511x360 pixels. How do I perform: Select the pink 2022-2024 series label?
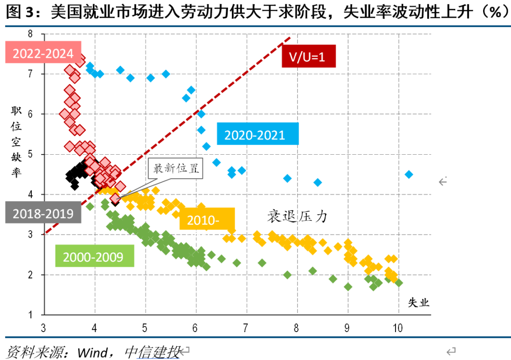[x=43, y=53]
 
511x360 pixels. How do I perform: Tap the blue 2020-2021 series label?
[x=258, y=134]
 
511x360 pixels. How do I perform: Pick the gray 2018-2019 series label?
[x=43, y=213]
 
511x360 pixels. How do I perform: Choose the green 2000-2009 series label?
[x=93, y=256]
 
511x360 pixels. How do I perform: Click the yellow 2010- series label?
[x=207, y=220]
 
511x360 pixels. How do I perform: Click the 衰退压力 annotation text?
[x=297, y=217]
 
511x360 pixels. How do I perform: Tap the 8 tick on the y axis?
[x=30, y=34]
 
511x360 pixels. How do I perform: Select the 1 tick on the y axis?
[x=30, y=315]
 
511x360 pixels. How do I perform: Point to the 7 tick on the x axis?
[x=246, y=327]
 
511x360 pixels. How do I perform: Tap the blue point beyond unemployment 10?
[x=409, y=175]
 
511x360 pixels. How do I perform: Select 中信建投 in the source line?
[x=151, y=351]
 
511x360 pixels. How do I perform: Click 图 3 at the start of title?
[x=21, y=12]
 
